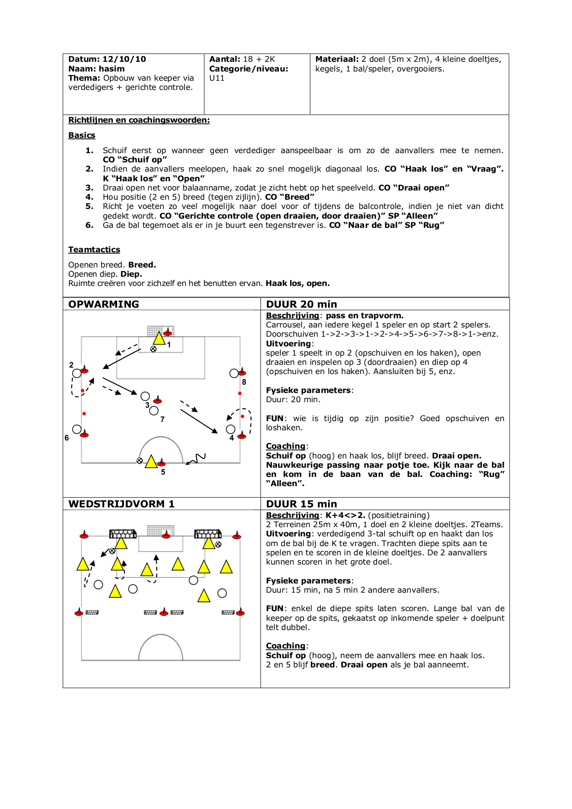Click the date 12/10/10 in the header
pos(124,59)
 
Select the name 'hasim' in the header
pos(111,69)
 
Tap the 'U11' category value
pos(217,78)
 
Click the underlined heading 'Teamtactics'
pos(94,250)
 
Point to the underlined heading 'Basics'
pos(82,135)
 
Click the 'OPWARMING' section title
pos(104,304)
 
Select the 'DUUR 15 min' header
pos(301,504)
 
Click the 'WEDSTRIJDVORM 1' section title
pos(121,504)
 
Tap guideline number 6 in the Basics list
pos(89,225)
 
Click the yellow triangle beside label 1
pos(159,339)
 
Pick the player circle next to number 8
pos(234,373)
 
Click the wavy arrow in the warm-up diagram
pos(195,459)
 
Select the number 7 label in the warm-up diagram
pos(162,419)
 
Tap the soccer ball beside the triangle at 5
pos(140,460)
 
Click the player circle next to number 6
pos(77,429)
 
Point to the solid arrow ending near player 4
pos(199,421)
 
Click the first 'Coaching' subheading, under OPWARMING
pos(285,446)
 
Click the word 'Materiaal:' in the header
pos(336,59)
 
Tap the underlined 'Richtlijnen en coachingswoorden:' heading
pos(139,120)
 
